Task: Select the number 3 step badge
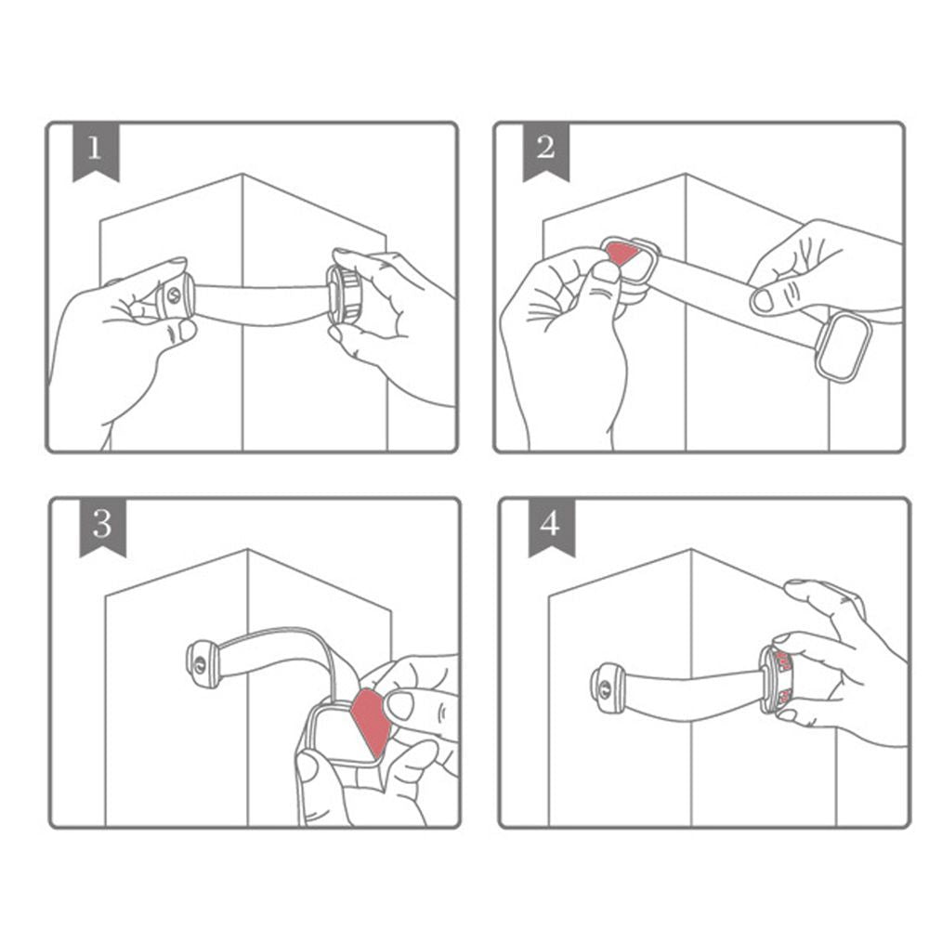tap(102, 526)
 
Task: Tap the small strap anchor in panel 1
tap(174, 297)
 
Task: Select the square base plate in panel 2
tap(843, 347)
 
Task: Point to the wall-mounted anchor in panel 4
tap(608, 687)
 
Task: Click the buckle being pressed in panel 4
tap(779, 678)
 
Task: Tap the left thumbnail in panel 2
tap(607, 272)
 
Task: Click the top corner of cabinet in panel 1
tap(242, 175)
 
